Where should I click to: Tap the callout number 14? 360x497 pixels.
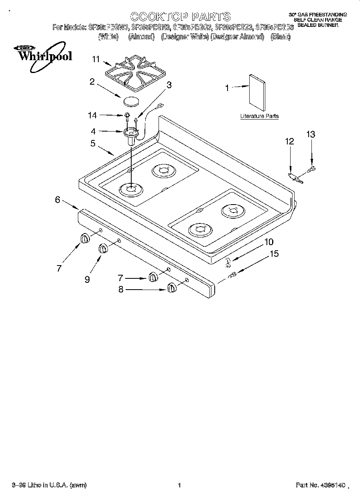point(92,116)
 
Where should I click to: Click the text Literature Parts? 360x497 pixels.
point(259,116)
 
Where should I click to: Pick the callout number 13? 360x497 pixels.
point(311,134)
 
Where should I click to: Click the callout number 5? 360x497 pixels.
point(93,143)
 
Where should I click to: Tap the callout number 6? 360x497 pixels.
point(58,200)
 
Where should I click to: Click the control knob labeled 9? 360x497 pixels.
point(103,249)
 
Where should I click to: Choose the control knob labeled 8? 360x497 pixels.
point(172,288)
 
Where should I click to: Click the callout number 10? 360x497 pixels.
point(268,242)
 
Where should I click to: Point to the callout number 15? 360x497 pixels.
point(274,254)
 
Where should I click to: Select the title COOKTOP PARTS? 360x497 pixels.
point(180,16)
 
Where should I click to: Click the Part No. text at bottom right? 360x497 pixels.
point(320,485)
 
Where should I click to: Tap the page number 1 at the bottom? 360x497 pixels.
point(179,485)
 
